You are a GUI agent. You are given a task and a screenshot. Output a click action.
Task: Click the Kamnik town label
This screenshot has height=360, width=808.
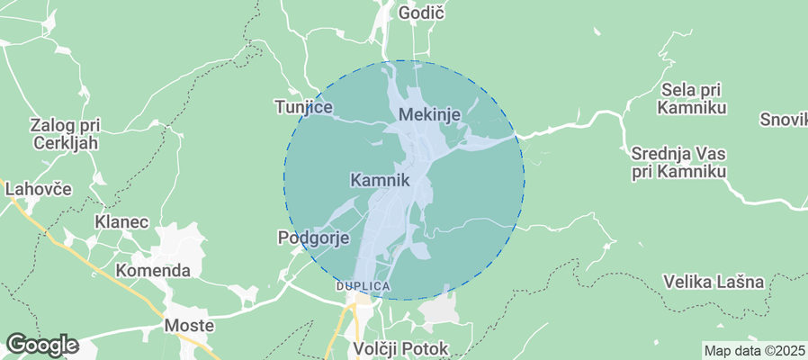coord(379,180)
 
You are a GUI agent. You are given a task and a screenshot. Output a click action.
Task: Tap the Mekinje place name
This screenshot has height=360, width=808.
coord(429,114)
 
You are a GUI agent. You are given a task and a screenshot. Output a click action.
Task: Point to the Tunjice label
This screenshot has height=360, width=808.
coord(303,108)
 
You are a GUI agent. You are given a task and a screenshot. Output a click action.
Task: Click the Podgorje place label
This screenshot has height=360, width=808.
coord(312,238)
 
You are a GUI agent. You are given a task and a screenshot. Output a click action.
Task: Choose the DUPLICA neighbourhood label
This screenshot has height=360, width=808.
coord(363,286)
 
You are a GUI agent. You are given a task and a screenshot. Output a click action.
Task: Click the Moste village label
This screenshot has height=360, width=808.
coord(189,325)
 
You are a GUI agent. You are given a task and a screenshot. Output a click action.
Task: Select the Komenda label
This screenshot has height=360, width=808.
coord(153,270)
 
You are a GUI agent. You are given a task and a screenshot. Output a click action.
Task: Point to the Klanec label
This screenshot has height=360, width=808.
coord(121,221)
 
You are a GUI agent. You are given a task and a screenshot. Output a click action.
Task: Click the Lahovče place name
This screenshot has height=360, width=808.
coord(38,189)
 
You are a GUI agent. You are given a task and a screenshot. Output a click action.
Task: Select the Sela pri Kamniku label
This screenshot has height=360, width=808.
coord(692,98)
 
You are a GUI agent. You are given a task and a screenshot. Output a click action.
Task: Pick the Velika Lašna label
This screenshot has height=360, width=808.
coord(714,282)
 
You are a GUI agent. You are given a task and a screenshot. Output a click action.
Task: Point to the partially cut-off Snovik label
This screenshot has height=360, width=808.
coord(784,119)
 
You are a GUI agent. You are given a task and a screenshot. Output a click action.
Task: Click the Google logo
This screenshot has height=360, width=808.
coord(41,345)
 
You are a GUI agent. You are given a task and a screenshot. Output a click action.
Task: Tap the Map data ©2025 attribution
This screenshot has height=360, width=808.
coord(754,351)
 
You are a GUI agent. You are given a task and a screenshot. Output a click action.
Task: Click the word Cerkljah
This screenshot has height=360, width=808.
coord(64,142)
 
